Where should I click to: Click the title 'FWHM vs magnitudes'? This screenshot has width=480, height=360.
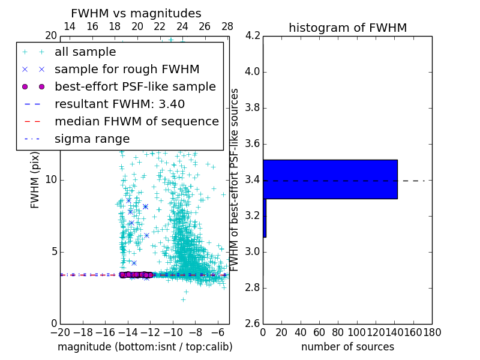(x=136, y=13)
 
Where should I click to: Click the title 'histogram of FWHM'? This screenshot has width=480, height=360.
(x=347, y=28)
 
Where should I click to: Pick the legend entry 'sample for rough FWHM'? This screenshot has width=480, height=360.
(x=127, y=69)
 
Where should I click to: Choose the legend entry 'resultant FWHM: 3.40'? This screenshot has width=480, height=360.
(x=119, y=104)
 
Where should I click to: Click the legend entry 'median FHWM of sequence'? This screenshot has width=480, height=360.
(x=136, y=121)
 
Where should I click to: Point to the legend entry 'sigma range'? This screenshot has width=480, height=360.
(x=92, y=139)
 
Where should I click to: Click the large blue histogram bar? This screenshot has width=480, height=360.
(x=330, y=179)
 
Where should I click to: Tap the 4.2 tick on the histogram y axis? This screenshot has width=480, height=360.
(x=253, y=36)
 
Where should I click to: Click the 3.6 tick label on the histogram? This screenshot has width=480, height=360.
(x=253, y=143)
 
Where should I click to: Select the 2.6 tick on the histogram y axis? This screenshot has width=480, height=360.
(x=253, y=323)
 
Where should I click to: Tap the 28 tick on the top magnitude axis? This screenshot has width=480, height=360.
(x=227, y=26)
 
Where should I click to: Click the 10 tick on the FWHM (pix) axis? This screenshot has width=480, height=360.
(x=51, y=180)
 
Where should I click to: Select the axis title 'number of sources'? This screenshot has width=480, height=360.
(x=347, y=347)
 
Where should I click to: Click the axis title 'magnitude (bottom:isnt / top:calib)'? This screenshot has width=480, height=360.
(x=145, y=347)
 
